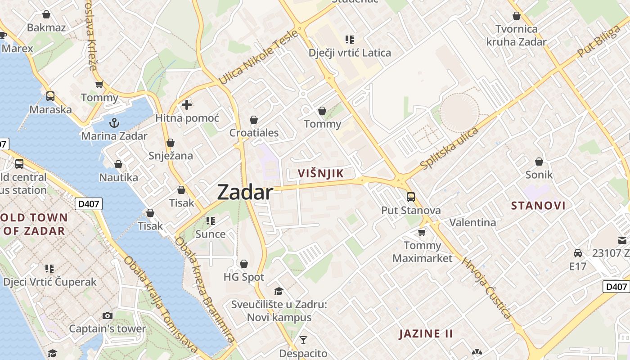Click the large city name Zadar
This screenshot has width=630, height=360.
point(245,193)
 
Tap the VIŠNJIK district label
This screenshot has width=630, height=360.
point(321,174)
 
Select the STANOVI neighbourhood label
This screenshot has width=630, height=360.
point(538,206)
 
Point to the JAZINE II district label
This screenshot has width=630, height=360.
point(426,334)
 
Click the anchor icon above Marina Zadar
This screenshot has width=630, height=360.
point(114,122)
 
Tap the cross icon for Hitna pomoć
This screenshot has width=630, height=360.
point(187,105)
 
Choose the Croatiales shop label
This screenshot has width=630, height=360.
point(254,133)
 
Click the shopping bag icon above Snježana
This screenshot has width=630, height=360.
point(171,143)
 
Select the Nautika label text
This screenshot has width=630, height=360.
point(119,177)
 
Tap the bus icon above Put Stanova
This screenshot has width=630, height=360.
point(411,197)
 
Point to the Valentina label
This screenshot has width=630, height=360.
point(473,222)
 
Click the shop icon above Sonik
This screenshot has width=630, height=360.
point(539,162)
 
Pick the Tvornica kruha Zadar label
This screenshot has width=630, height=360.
point(516,36)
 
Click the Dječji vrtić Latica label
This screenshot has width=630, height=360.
point(350,53)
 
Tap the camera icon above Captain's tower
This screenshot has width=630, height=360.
point(107,315)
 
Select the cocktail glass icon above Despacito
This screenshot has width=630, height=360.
point(303,340)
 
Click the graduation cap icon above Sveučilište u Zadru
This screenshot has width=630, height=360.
point(279,292)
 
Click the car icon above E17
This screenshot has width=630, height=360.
point(578,253)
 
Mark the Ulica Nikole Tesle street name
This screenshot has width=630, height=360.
point(258,58)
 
